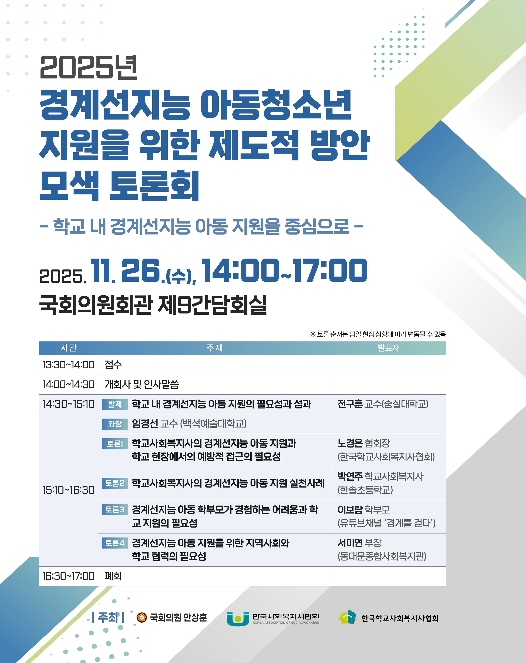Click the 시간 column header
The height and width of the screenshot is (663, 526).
pyautogui.click(x=68, y=348)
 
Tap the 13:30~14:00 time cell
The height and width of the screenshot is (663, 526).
pyautogui.click(x=68, y=365)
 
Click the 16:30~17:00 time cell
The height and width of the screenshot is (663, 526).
pyautogui.click(x=68, y=576)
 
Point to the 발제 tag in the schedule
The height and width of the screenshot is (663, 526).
pyautogui.click(x=115, y=404)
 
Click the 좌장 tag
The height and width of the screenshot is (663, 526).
pyautogui.click(x=115, y=424)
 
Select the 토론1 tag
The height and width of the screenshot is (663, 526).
pyautogui.click(x=115, y=443)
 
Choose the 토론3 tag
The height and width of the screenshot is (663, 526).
pyautogui.click(x=115, y=510)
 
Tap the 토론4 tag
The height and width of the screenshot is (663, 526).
pyautogui.click(x=115, y=543)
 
